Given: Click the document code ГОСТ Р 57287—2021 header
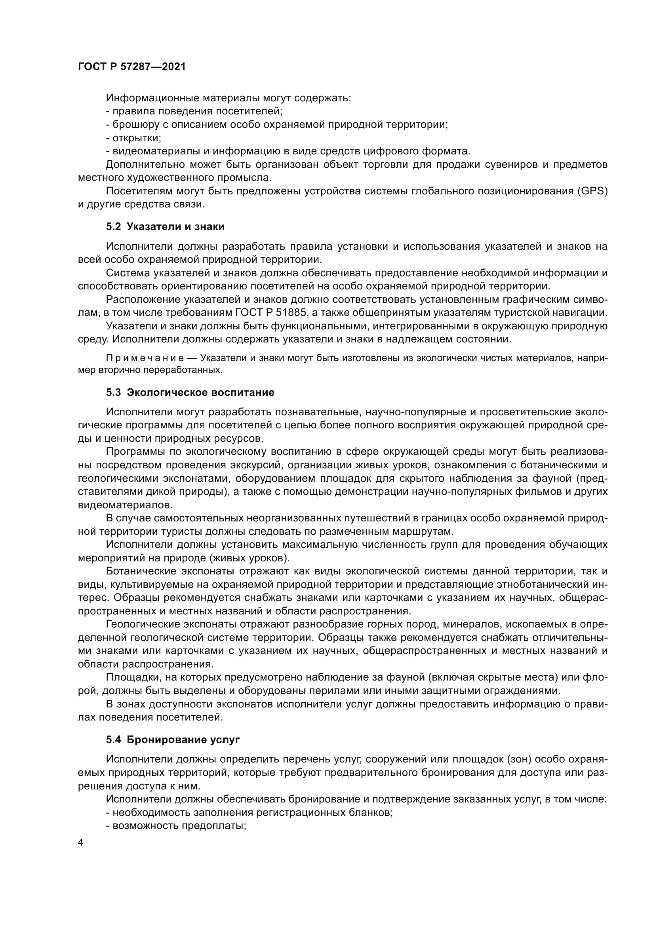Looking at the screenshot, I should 132,67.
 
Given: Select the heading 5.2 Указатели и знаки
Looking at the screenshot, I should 165,227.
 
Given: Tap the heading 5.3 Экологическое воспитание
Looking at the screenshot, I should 190,392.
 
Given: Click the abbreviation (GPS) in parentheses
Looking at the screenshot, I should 592,191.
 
